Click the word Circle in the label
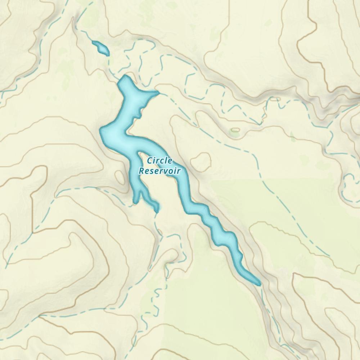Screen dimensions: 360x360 (159, 161)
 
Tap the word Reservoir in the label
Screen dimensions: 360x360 (159, 171)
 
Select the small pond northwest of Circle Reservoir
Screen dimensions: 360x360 (100, 48)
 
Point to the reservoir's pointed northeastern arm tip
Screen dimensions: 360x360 (158, 93)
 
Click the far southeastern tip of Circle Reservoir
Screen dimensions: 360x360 (258, 284)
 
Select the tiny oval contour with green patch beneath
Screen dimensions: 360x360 (235, 130)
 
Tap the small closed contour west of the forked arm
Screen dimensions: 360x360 (119, 176)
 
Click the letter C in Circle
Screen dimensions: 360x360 (149, 161)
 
